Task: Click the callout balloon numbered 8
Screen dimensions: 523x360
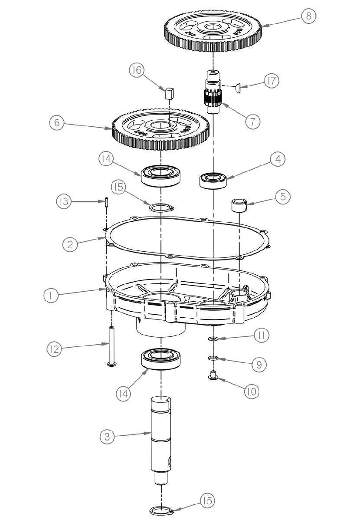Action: (x=308, y=16)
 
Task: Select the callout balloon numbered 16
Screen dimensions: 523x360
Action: (x=137, y=71)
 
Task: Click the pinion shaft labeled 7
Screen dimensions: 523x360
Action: (x=213, y=94)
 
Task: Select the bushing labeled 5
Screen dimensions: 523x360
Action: (x=239, y=204)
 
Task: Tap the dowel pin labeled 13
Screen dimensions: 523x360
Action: (x=106, y=203)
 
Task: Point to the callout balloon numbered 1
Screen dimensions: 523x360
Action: (x=51, y=295)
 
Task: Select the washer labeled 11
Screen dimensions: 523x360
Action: (x=213, y=339)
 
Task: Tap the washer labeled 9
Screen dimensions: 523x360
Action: (x=213, y=358)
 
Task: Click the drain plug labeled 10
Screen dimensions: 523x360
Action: (x=213, y=375)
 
